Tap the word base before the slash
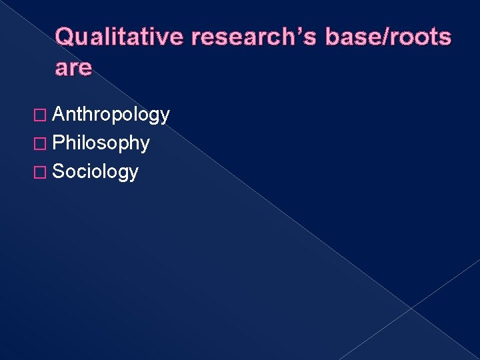coord(351,37)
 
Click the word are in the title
coord(73,69)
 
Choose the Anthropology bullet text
coord(111,115)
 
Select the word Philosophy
coord(101,143)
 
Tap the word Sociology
coord(95,172)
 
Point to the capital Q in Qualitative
coord(65,37)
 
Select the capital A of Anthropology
coord(58,115)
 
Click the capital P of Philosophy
coord(58,143)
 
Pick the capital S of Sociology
coord(58,171)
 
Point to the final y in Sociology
coord(134,174)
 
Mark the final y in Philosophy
coord(145,145)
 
